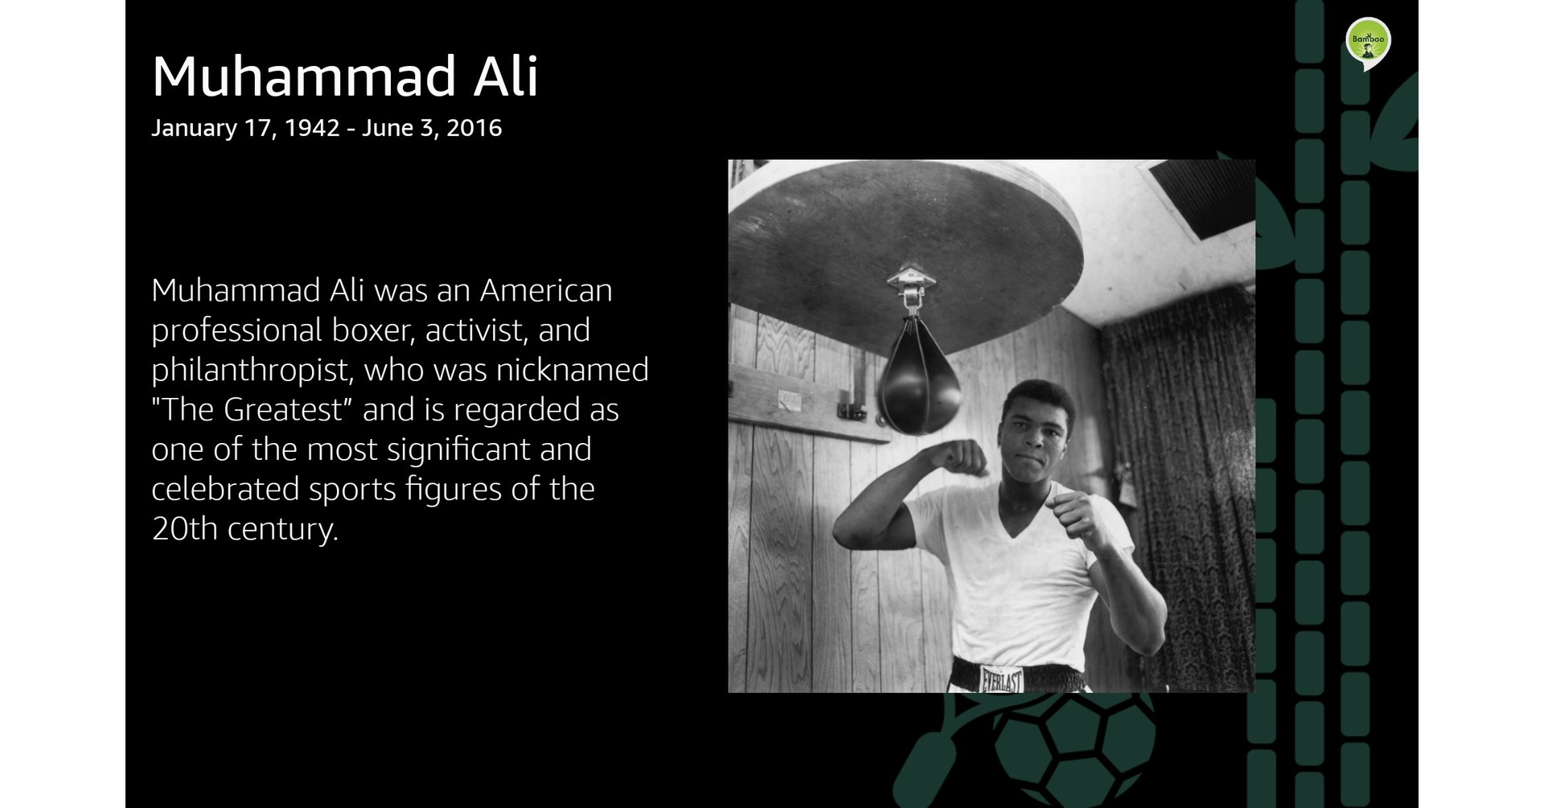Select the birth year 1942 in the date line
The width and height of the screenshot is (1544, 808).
coord(312,129)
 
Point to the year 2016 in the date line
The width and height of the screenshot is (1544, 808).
coord(474,129)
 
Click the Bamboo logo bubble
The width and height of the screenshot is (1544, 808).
coord(1367,41)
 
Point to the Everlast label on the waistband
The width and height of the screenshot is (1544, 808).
coord(1001,679)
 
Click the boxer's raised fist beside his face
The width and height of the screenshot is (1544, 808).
coord(964,459)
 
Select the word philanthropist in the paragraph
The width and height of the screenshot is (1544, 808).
coord(252,371)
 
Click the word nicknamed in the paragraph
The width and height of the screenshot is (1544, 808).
coord(572,371)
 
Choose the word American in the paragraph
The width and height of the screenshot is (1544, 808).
coord(546,291)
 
